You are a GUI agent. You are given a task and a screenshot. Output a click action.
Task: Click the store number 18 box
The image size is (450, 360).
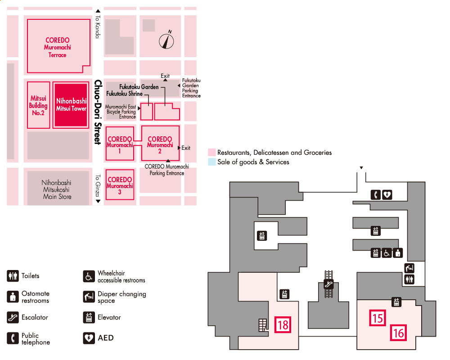pos(283,324)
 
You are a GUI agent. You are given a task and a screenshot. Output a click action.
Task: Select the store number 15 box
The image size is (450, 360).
pos(378,318)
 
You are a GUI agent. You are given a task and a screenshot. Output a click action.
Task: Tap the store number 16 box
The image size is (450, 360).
pos(398,333)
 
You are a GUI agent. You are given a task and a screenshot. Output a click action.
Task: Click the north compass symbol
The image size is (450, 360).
pos(167,41)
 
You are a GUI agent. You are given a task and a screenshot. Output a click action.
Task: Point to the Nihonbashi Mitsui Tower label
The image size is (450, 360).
pos(71,105)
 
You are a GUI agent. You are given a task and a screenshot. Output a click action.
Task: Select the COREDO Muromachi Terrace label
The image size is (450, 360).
pos(57,47)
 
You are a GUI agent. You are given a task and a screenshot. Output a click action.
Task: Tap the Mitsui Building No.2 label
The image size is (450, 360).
pos(38,105)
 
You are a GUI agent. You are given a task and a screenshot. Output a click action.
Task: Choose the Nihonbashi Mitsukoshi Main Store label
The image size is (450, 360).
pos(57,189)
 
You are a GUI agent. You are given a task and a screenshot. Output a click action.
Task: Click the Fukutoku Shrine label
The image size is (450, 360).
pos(124,94)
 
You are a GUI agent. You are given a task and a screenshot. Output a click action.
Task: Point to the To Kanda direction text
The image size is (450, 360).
pos(97,27)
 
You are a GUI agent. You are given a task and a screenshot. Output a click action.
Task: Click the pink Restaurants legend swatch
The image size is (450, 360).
pos(211,153)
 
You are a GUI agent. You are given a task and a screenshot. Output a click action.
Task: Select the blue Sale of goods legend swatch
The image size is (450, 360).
pos(211,162)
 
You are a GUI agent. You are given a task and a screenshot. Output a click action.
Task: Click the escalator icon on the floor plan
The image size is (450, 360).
pos(328,284)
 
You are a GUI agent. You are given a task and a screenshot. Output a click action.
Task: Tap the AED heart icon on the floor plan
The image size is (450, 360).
pos(387,195)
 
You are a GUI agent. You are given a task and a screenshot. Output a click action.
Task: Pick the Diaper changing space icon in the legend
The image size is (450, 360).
pos(89,297)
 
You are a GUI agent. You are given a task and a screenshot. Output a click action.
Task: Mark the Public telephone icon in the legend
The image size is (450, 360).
pos(13,338)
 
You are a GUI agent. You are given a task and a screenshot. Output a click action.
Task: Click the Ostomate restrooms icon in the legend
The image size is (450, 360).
pos(13,297)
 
